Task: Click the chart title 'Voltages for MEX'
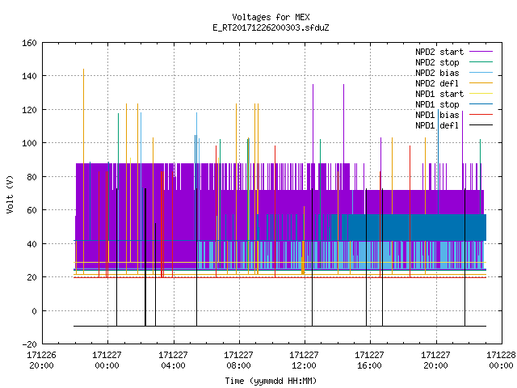[x=271, y=17]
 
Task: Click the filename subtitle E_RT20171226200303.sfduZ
[x=271, y=27]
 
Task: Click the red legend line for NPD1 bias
[x=481, y=115]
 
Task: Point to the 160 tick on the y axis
[x=29, y=43]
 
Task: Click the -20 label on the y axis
[x=29, y=344]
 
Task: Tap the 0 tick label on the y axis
[x=34, y=310]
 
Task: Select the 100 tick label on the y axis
[x=29, y=143]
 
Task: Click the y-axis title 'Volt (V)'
[x=10, y=194]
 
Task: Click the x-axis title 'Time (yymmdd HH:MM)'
[x=271, y=381]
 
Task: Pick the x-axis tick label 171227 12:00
[x=304, y=361]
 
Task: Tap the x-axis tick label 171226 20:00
[x=41, y=361]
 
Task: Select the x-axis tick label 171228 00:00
[x=501, y=361]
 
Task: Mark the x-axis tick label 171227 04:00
[x=173, y=361]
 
